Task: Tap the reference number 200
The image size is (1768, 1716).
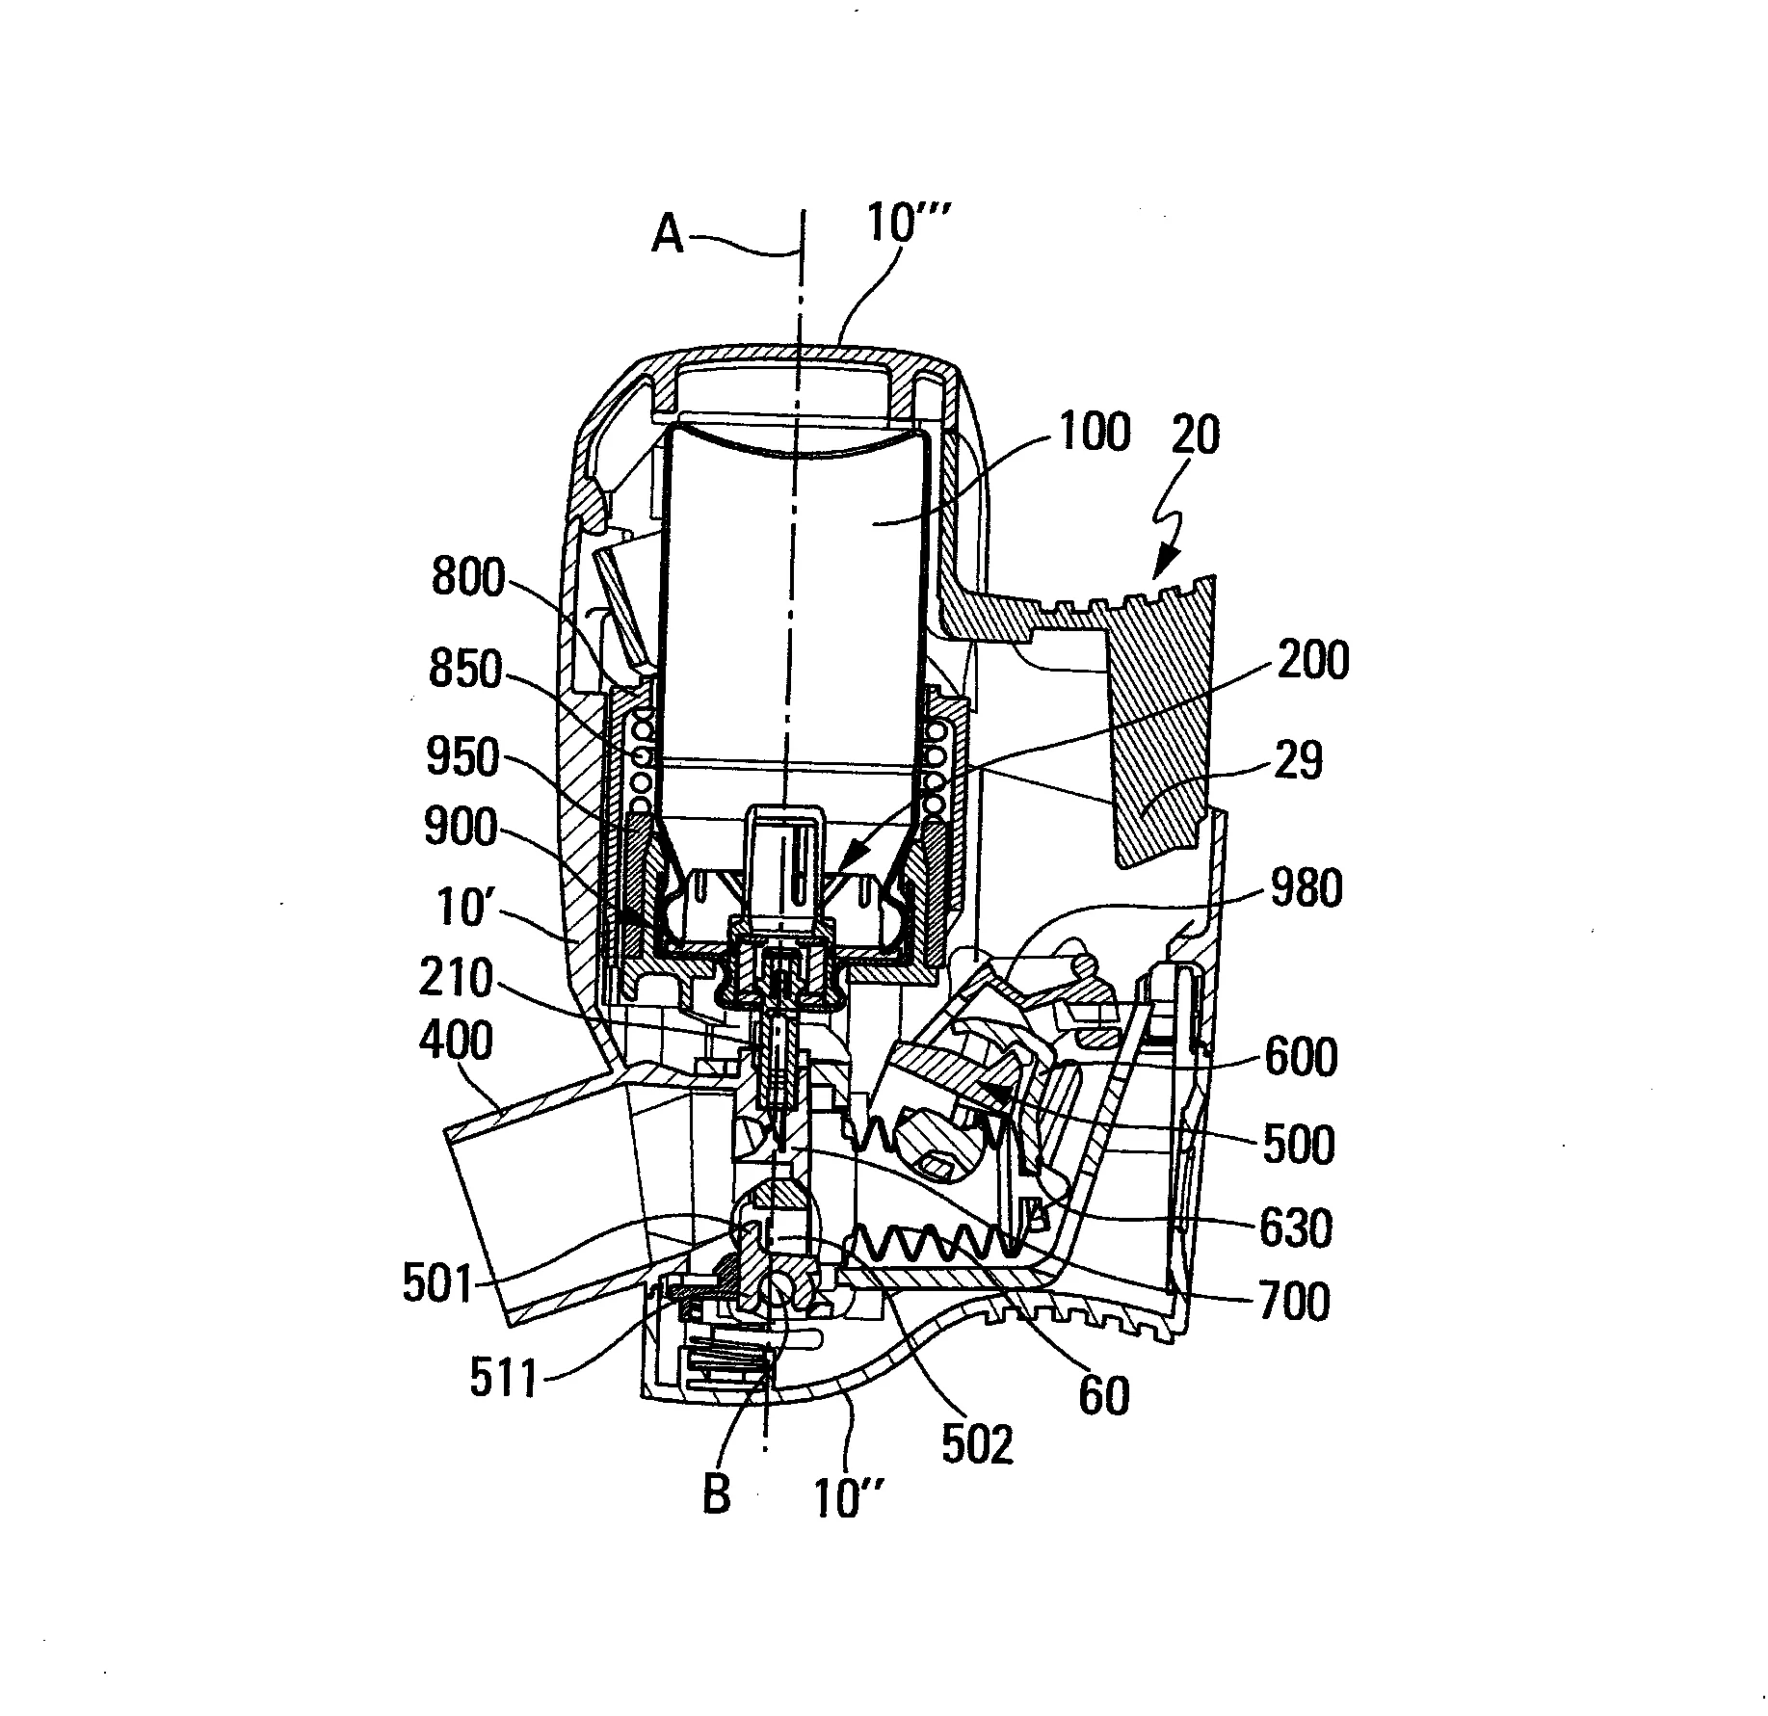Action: coord(1312,661)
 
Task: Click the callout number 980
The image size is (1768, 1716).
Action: coord(1306,889)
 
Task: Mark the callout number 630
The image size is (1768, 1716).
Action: coord(1295,1228)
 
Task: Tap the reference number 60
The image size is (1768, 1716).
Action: coord(1102,1395)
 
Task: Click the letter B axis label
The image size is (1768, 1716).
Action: coord(716,1493)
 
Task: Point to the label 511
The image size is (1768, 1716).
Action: coord(502,1380)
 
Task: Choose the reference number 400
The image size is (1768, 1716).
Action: coord(457,1043)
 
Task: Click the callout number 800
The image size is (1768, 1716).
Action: coord(467,579)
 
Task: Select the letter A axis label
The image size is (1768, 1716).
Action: coord(668,234)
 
